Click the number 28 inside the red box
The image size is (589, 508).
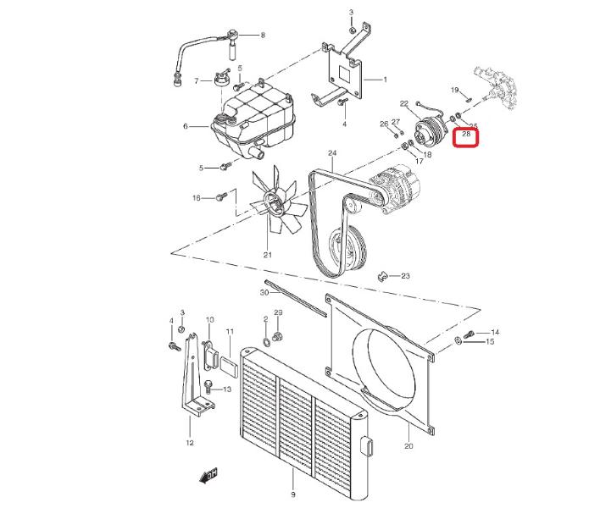(x=466, y=134)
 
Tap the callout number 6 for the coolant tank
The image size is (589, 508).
(x=186, y=126)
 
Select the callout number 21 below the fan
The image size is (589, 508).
(x=267, y=255)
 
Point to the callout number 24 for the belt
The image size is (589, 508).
(x=332, y=152)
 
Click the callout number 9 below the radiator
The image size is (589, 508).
(x=293, y=494)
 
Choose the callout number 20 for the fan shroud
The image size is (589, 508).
(x=408, y=445)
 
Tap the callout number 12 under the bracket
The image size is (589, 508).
(x=190, y=443)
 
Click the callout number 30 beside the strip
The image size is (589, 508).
(x=264, y=292)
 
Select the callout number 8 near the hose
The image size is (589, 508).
(x=263, y=35)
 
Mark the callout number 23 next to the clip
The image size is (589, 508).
(x=405, y=276)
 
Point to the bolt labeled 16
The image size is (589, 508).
(x=222, y=196)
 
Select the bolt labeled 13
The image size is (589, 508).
(x=208, y=386)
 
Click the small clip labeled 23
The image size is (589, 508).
(x=382, y=276)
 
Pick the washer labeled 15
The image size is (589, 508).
(x=458, y=340)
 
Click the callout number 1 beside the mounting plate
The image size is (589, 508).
(x=385, y=80)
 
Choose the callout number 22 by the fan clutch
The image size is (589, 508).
(x=403, y=103)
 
